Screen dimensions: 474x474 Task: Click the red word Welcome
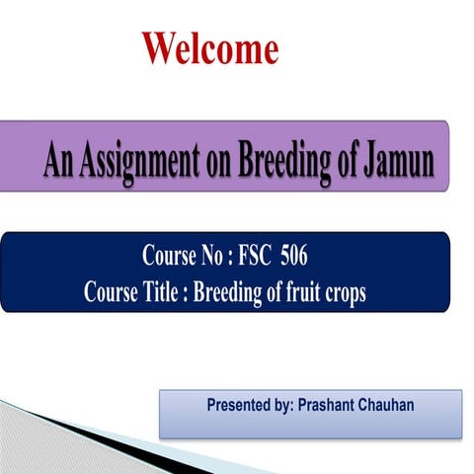point(209,48)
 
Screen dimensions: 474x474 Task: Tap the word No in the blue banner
point(217,259)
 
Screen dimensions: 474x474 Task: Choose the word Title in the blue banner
point(160,293)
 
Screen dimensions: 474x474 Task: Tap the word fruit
point(303,293)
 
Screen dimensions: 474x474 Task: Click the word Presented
point(242,406)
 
